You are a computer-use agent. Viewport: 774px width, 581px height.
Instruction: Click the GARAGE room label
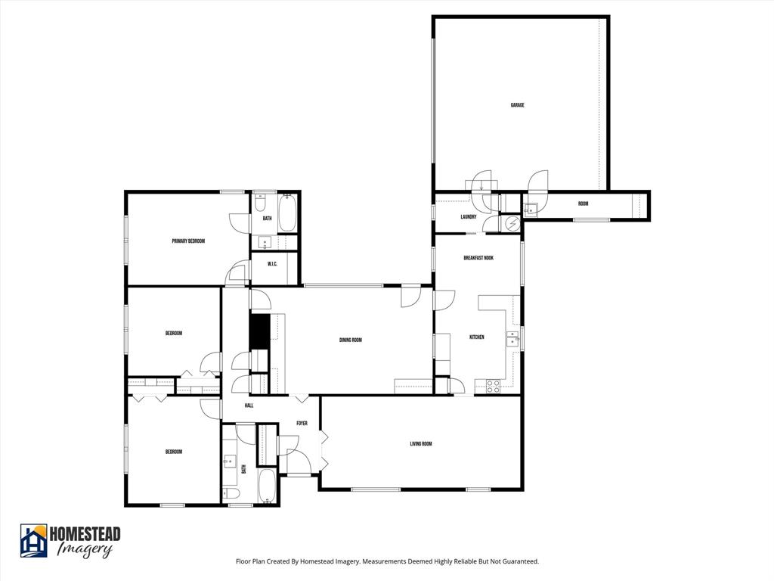[x=517, y=105]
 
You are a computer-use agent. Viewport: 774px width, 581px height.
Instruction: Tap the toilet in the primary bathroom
[x=260, y=203]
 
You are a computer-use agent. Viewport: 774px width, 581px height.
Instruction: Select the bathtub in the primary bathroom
[x=287, y=214]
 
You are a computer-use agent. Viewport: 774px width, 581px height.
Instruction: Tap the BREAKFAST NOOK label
[x=478, y=258]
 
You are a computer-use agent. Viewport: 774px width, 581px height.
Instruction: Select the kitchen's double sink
[x=512, y=338]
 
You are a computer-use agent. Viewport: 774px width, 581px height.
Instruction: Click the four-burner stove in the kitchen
[x=492, y=386]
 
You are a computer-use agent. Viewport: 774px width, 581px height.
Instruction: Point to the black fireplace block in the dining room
[x=259, y=331]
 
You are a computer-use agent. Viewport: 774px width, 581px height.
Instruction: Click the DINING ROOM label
[x=350, y=340]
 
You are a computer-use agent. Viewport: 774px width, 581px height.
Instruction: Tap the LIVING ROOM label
[x=420, y=444]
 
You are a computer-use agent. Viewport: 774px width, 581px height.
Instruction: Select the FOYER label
[x=302, y=423]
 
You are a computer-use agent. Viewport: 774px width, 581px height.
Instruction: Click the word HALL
[x=249, y=405]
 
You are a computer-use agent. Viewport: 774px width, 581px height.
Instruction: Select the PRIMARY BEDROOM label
[x=188, y=241]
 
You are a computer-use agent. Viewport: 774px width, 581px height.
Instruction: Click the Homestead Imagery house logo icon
[x=33, y=540]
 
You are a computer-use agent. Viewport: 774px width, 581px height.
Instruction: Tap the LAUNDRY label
[x=468, y=217]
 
